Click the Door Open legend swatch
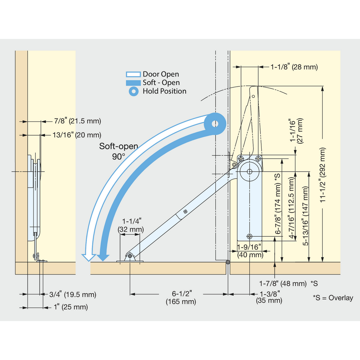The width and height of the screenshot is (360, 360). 133,74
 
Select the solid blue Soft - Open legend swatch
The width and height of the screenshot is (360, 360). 133,83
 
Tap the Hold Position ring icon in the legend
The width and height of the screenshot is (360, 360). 133,91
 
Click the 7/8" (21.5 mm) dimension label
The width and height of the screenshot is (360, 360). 77,121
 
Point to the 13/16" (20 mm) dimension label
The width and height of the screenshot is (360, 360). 77,135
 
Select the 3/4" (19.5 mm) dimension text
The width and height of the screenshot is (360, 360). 73,295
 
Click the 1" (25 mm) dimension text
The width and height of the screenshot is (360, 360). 71,307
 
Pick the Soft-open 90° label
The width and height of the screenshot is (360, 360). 118,151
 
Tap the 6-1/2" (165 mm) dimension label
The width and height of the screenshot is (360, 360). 181,298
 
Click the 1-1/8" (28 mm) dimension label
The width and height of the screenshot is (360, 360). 294,67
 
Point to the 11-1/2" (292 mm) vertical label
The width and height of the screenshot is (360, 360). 323,175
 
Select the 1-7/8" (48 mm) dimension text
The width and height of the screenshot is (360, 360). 283,283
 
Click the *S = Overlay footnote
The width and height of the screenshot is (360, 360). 333,298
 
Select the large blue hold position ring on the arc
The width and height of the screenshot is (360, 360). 215,124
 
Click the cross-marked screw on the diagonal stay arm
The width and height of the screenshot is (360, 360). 185,211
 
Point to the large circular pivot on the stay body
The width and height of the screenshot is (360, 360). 250,172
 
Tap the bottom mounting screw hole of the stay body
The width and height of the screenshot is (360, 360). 250,236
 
